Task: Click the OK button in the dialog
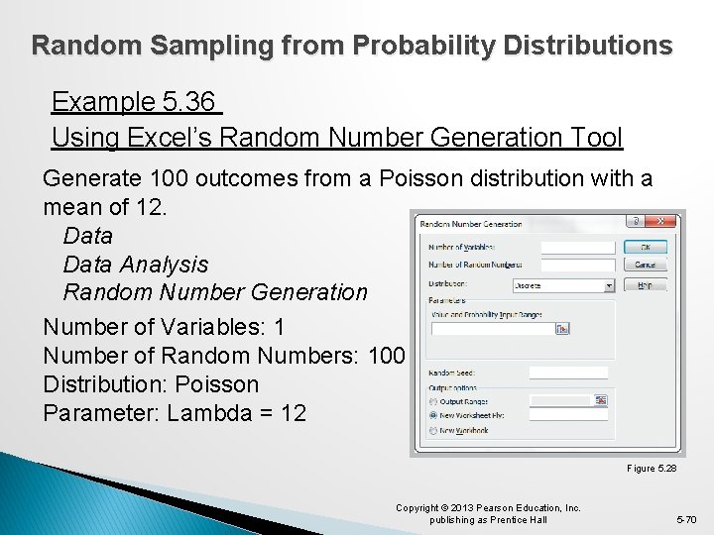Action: (645, 247)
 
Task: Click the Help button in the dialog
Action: (645, 284)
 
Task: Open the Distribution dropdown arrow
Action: (609, 285)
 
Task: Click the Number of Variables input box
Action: (578, 247)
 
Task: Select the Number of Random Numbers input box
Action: (578, 265)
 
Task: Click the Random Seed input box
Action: (568, 373)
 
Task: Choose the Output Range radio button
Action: (433, 401)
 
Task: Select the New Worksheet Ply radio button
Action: (433, 416)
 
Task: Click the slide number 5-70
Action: (686, 519)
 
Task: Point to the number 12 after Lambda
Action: (293, 412)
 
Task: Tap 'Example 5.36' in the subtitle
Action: (135, 102)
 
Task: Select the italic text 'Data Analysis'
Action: (136, 264)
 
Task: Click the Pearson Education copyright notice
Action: (488, 513)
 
